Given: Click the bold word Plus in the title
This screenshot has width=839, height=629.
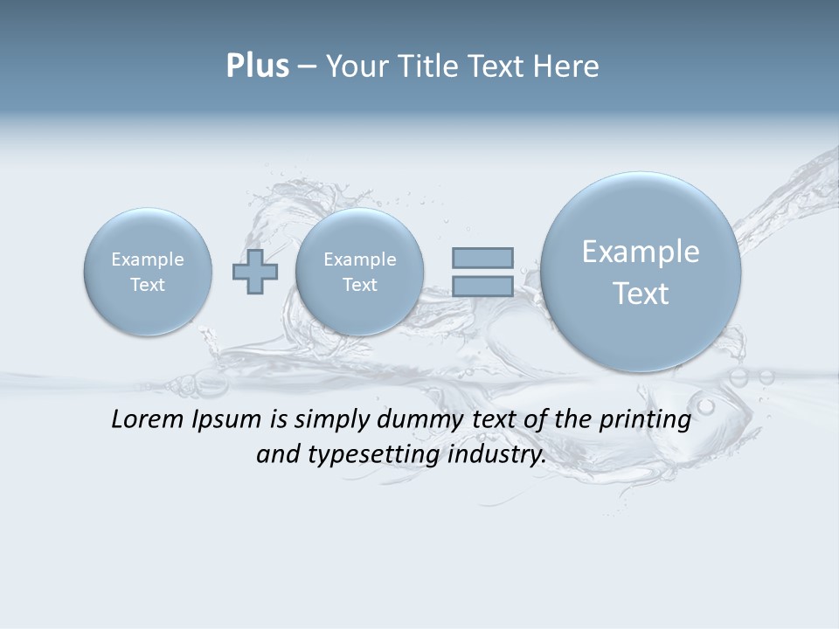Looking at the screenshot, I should (x=257, y=66).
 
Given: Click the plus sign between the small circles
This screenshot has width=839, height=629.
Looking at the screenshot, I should (x=254, y=271).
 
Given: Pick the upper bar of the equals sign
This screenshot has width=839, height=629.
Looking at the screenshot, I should (x=482, y=258).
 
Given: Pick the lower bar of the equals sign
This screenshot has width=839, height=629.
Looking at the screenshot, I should (x=482, y=286).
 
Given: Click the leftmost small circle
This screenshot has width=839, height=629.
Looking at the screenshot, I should (x=148, y=271).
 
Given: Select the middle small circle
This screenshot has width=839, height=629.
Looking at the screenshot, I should (x=359, y=271).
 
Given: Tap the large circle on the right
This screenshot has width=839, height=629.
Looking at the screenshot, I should (x=641, y=271).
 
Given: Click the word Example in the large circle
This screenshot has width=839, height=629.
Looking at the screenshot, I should (x=641, y=252).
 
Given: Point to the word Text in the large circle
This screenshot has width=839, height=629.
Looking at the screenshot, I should (x=641, y=294).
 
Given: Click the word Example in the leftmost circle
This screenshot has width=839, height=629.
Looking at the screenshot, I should (x=148, y=259).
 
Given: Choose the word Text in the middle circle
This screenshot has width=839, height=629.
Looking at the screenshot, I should (x=359, y=285).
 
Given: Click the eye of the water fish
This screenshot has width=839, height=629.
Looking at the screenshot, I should (x=706, y=406).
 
